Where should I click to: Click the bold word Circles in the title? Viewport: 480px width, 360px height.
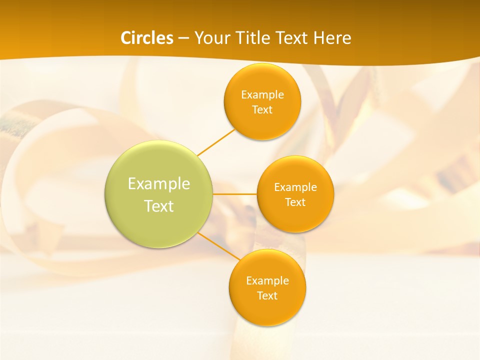point(146,38)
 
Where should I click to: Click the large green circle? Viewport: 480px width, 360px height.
point(159,225)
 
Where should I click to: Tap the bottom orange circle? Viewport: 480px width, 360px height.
point(267,310)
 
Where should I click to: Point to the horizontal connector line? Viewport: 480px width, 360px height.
point(234,194)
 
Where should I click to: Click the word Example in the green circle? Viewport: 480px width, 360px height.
point(159,184)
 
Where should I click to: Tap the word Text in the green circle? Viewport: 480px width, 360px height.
point(159,206)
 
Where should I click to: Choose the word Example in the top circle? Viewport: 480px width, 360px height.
point(262,95)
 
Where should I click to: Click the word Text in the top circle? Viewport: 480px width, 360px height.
point(262,110)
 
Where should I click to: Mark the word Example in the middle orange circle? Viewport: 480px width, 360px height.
point(295,187)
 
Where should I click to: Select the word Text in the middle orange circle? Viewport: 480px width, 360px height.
point(295,202)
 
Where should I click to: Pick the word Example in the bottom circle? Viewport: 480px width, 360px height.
point(267,281)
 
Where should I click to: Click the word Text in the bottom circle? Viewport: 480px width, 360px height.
point(267,296)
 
